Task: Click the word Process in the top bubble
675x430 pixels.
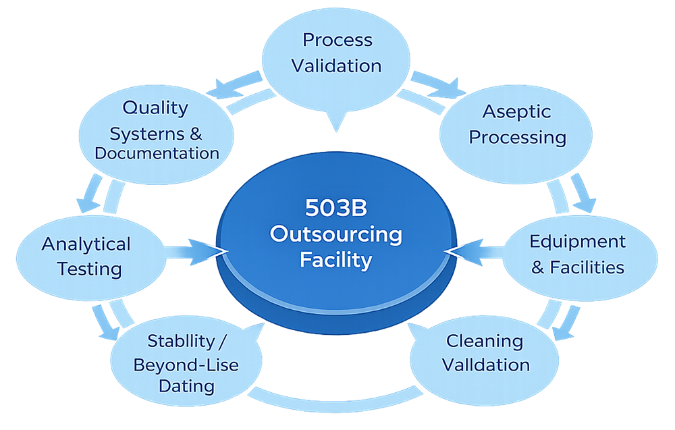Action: coord(337,41)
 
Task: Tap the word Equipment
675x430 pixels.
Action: coord(577,242)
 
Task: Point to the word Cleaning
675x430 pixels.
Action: coord(485,341)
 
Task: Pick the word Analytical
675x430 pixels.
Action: coord(86,244)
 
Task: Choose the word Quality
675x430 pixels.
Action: coord(155,107)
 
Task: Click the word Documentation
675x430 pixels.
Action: coord(157,153)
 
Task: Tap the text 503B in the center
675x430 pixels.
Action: coord(335,208)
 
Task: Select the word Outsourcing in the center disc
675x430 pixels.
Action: coord(335,234)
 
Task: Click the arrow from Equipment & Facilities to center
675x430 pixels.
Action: coord(476,252)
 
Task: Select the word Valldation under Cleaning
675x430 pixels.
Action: coord(486,365)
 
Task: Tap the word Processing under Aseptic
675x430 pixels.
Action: coord(517,137)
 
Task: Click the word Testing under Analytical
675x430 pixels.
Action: coord(89,269)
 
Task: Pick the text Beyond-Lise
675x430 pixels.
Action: coord(186,365)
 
